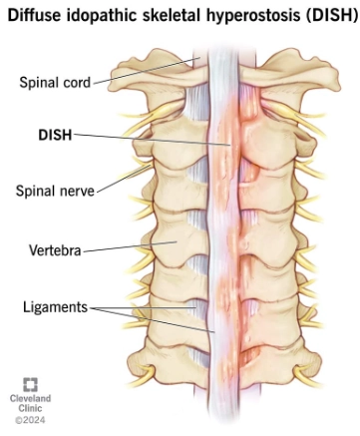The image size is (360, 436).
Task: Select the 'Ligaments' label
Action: pyautogui.click(x=57, y=308)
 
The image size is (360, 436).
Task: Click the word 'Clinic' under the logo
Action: pyautogui.click(x=30, y=409)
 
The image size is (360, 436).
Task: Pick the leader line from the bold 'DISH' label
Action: pyautogui.click(x=150, y=138)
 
